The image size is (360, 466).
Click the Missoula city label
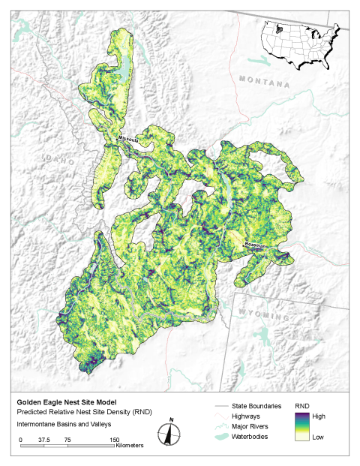tap(130, 140)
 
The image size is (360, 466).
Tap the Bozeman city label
tap(256, 245)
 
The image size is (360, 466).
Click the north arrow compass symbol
tap(171, 434)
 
